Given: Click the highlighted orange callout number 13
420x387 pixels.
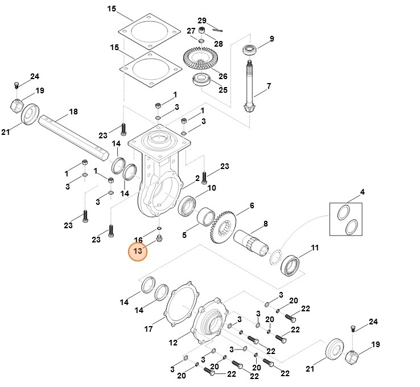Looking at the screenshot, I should [x=137, y=251].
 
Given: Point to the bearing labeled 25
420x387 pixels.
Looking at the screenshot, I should [x=201, y=80].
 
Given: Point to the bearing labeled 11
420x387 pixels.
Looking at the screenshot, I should [x=289, y=265].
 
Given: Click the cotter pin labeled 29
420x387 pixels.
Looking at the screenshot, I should [x=219, y=30].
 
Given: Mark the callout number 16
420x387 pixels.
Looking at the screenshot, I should [x=138, y=240].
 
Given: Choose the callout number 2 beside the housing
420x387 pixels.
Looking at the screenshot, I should [x=197, y=178].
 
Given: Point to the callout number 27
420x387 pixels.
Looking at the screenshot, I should [x=192, y=30].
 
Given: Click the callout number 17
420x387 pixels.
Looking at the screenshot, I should [x=149, y=329].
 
